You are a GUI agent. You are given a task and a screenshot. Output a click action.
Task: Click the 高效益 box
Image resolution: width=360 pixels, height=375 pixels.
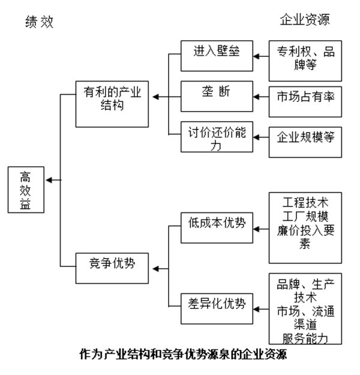[x=25, y=190]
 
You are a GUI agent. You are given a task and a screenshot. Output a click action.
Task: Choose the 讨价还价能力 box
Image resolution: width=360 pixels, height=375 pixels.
[x=216, y=137]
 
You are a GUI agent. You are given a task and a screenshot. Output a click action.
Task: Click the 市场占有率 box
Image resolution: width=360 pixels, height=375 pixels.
[x=305, y=96]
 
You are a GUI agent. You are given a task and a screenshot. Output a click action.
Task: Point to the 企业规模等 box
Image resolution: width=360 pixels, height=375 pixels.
[x=305, y=138]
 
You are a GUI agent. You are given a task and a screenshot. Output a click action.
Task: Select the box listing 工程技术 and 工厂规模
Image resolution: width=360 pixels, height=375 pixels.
[x=305, y=227]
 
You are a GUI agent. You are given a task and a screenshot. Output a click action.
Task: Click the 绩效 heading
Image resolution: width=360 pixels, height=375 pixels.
[x=40, y=22]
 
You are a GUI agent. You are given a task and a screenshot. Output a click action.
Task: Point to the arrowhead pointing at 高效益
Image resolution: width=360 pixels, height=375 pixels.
[x=49, y=180]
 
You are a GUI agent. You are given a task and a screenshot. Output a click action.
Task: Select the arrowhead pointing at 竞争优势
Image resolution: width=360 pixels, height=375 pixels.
[x=153, y=268]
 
